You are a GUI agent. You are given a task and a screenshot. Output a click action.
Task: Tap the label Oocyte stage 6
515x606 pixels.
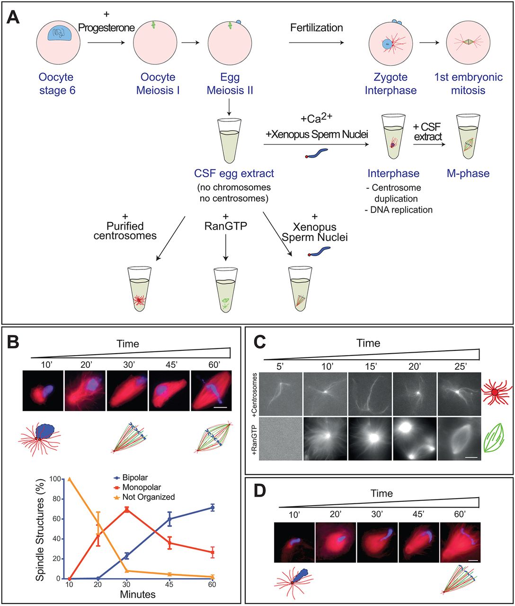tap(57, 83)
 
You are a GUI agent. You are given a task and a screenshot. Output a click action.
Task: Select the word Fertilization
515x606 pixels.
tap(317, 27)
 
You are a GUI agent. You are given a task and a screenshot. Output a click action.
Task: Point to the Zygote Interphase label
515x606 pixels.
tap(391, 83)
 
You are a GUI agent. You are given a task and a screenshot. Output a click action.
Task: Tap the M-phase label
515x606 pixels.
tap(468, 173)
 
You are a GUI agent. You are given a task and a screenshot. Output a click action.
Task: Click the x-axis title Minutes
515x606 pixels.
tap(137, 594)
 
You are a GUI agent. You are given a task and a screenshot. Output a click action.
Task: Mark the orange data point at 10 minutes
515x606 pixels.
tap(70, 479)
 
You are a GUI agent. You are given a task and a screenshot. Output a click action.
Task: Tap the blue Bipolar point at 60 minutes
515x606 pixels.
tap(213, 507)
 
